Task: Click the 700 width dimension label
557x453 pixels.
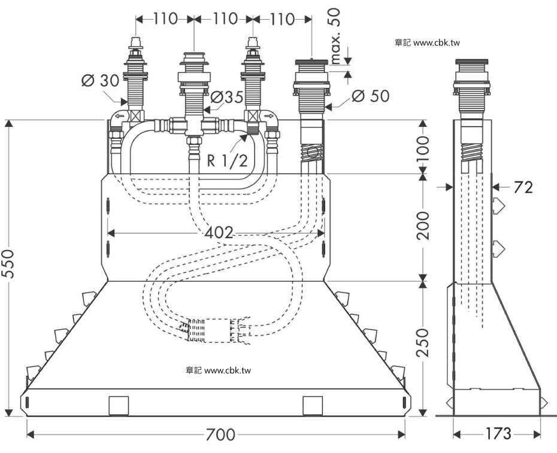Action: [x=220, y=434]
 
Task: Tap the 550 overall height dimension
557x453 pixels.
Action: [x=8, y=264]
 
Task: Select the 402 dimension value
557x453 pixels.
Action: [x=219, y=233]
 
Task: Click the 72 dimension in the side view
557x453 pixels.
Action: [x=523, y=187]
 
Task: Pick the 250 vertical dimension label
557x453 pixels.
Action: [x=423, y=342]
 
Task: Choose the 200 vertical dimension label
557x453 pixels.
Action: [x=423, y=226]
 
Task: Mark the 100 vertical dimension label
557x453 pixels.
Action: [x=423, y=148]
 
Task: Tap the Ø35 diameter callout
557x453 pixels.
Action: [x=227, y=96]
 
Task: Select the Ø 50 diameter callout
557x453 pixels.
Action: [x=371, y=96]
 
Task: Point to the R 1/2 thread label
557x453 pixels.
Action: [x=228, y=161]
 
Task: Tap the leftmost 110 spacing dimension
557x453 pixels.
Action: [x=165, y=19]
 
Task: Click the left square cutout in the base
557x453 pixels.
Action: [x=119, y=406]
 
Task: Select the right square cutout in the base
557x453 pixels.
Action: [x=313, y=406]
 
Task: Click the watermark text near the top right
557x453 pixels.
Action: [x=428, y=43]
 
